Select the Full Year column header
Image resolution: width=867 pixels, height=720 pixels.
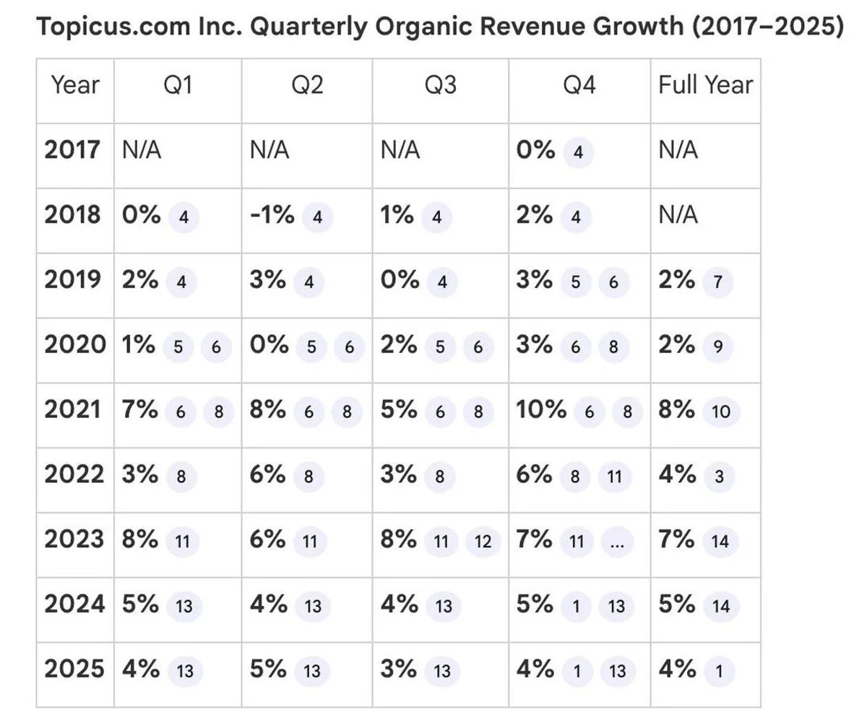click(705, 85)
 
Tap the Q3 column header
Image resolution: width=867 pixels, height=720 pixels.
click(440, 85)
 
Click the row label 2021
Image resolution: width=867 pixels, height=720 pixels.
click(72, 410)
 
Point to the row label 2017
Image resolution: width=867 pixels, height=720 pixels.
click(72, 150)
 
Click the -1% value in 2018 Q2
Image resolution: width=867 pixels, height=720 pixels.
click(272, 214)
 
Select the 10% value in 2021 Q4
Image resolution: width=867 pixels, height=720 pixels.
click(541, 410)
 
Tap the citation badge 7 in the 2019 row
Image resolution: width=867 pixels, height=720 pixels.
click(717, 282)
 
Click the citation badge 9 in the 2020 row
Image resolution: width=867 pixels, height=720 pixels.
click(717, 347)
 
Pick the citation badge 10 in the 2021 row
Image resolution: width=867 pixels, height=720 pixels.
click(720, 412)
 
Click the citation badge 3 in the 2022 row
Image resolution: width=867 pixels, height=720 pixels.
click(717, 477)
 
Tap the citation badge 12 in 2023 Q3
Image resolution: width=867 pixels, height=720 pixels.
click(483, 542)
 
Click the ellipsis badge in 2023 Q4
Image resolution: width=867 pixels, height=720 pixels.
click(616, 542)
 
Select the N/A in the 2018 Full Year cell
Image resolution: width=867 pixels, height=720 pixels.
click(678, 215)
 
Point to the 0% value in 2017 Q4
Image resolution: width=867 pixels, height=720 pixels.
click(535, 150)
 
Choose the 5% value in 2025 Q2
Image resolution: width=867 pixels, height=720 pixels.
click(267, 669)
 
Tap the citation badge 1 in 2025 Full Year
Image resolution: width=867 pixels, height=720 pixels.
click(718, 671)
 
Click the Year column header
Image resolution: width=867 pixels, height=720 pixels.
click(75, 85)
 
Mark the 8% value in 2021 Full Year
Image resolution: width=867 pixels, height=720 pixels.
click(676, 410)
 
